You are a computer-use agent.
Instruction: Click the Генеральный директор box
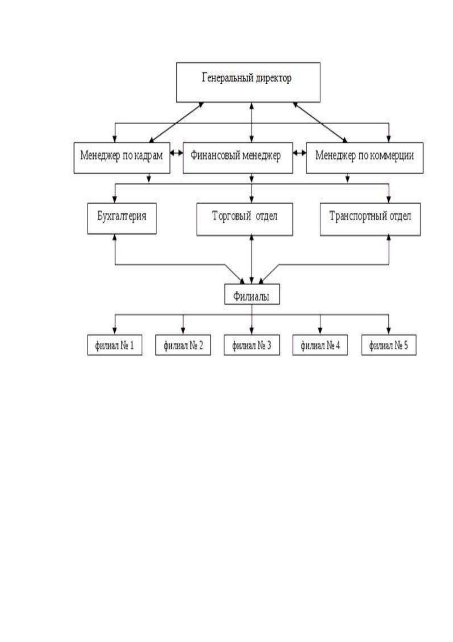click(248, 82)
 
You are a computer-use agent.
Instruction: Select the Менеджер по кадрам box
click(122, 158)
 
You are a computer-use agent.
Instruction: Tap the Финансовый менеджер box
click(238, 158)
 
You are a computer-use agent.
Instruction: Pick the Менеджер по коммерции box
click(365, 158)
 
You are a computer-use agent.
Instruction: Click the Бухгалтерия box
click(122, 219)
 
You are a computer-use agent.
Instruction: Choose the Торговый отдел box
click(245, 220)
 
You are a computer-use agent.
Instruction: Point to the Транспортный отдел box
click(370, 220)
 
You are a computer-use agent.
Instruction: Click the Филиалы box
click(252, 294)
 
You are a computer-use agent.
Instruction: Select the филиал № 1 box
click(115, 345)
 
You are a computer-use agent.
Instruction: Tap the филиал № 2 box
click(183, 345)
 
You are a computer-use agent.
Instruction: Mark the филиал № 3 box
click(252, 345)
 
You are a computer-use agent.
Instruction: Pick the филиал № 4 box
click(320, 345)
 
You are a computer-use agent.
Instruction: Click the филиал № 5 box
click(389, 345)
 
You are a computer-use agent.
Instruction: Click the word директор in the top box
click(274, 78)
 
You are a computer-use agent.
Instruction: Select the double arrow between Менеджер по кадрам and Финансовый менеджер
click(177, 153)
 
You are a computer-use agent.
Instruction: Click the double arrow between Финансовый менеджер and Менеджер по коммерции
click(300, 153)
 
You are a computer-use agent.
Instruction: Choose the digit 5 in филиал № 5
click(405, 345)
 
